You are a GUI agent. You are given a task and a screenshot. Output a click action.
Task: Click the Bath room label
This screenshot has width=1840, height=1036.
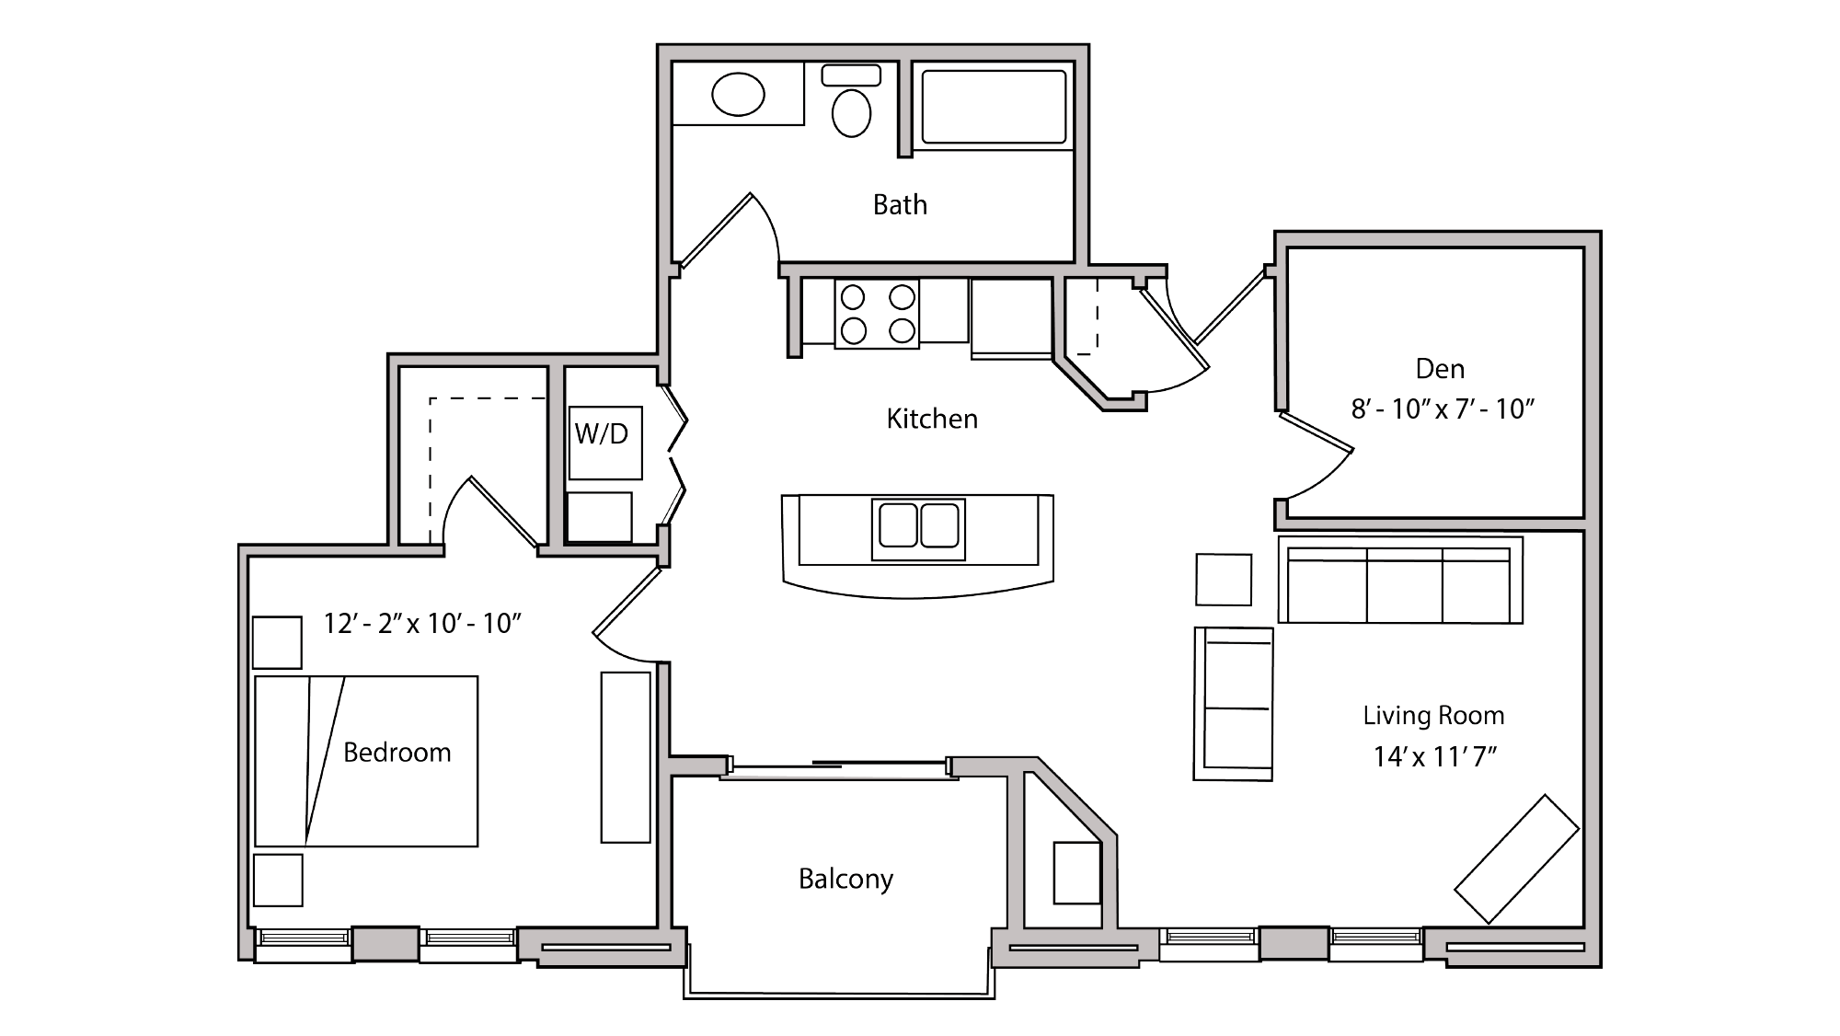pos(900,204)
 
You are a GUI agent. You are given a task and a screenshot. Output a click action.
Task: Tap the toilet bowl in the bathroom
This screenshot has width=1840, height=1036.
pos(851,112)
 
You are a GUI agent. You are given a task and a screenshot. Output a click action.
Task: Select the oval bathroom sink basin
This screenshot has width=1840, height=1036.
pos(738,95)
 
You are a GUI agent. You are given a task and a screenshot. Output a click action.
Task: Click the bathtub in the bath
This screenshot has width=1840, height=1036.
pos(994,107)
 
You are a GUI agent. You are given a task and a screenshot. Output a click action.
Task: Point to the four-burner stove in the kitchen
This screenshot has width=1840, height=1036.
pos(877,314)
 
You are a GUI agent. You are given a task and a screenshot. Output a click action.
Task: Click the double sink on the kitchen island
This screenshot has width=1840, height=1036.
pos(918,527)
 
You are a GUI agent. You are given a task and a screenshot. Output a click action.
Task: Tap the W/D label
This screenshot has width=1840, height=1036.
pos(602,433)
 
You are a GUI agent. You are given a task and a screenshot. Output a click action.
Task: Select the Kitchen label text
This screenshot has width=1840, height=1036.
pos(932,419)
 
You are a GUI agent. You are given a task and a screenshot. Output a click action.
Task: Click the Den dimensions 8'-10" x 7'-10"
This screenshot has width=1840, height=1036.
pos(1443,409)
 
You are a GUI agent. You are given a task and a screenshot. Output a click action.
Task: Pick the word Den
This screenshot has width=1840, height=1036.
pos(1440,369)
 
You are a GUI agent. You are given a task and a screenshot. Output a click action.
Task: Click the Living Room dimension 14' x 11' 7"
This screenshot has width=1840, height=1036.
pos(1435,756)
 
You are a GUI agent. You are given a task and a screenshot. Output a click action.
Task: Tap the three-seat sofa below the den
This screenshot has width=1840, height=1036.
pos(1399,582)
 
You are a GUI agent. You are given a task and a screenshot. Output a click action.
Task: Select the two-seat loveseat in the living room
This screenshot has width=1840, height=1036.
pos(1234,704)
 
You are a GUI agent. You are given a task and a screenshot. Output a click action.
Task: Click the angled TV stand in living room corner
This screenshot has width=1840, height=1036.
pos(1516,858)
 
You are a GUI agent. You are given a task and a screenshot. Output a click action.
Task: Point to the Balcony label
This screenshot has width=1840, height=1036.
pos(845,879)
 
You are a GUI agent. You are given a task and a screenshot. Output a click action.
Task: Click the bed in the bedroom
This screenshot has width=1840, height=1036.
pos(366,761)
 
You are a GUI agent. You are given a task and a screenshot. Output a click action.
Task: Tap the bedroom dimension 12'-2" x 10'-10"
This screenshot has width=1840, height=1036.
pos(422,624)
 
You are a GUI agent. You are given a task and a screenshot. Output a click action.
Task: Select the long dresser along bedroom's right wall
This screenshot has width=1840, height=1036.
pos(626,756)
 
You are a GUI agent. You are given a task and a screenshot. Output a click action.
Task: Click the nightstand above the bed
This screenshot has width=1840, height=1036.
pos(277,642)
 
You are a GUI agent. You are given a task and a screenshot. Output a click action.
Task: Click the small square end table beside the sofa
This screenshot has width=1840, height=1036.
pos(1224,580)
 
